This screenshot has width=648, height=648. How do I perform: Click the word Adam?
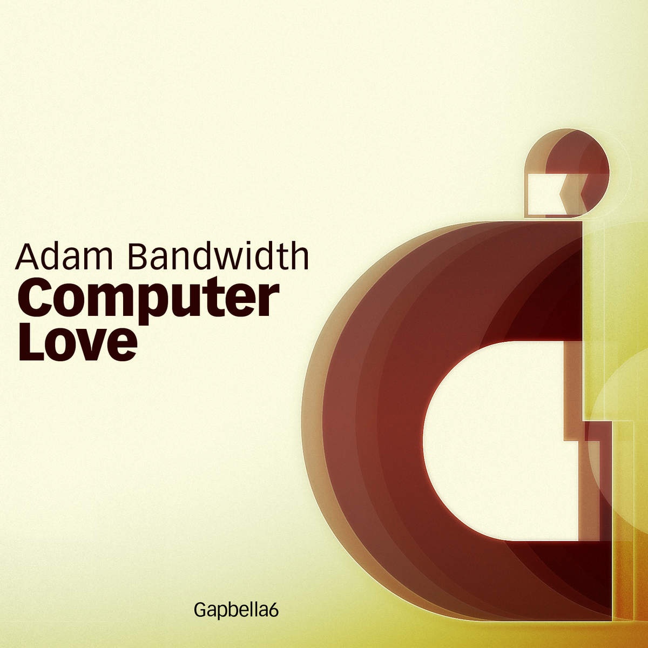point(64,257)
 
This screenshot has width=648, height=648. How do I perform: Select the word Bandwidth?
point(218,256)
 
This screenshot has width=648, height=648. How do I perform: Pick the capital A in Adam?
point(28,257)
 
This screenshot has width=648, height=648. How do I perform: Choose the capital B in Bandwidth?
point(140,257)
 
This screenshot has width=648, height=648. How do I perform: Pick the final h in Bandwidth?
point(299,256)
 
